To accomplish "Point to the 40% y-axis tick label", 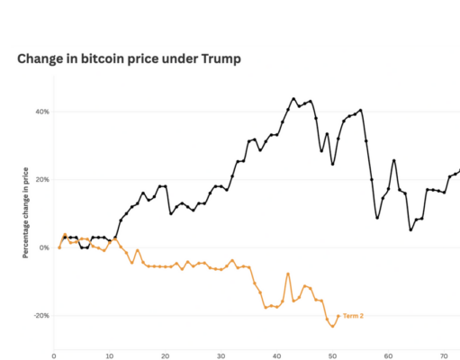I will [x=41, y=112].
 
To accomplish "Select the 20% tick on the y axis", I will [x=41, y=179].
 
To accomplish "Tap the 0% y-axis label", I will [x=44, y=247].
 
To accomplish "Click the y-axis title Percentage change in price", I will [x=25, y=211].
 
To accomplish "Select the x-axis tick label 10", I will [x=110, y=355].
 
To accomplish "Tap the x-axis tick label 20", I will [x=166, y=355].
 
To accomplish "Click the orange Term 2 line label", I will [x=354, y=316].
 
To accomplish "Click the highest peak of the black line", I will [x=293, y=98].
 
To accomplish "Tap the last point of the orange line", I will [x=338, y=316].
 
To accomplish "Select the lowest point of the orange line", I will [x=332, y=326].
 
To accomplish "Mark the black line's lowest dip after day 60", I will [x=410, y=229].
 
